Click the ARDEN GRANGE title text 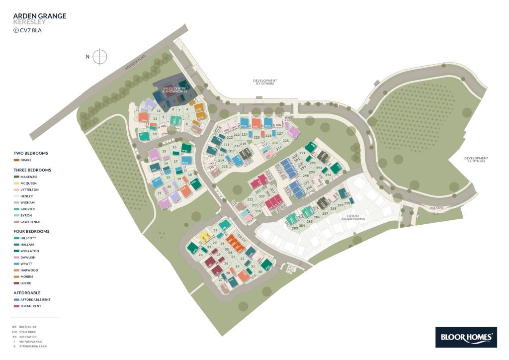39,16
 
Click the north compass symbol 100,57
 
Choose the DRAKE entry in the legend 25,160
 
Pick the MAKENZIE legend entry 28,177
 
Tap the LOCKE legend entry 25,283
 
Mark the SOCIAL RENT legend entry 30,306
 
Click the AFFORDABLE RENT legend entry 34,300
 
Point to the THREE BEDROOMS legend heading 32,170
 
